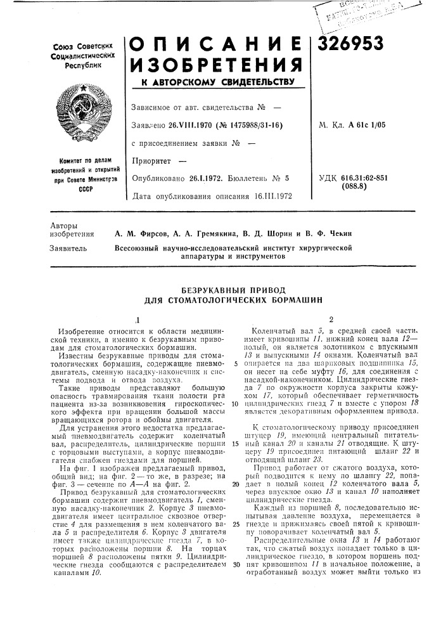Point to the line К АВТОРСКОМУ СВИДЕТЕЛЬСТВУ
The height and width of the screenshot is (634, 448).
pyautogui.click(x=215, y=83)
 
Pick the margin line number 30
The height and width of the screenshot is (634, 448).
pyautogui.click(x=235, y=546)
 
